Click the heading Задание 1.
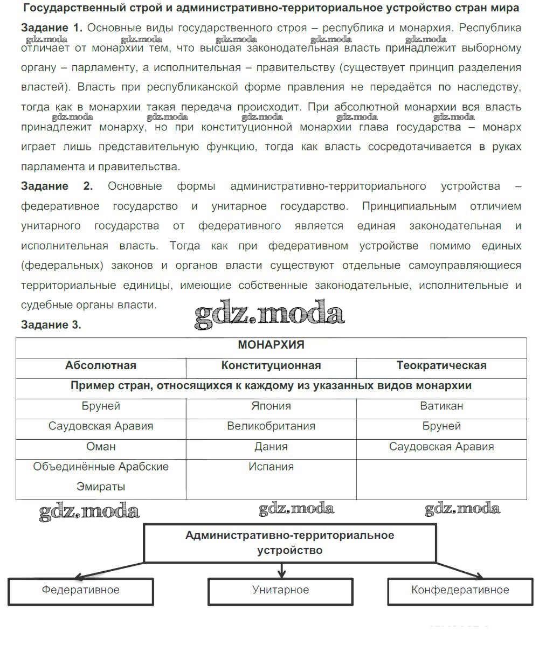click(x=52, y=28)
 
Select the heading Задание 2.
click(x=57, y=186)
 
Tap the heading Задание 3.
click(x=51, y=325)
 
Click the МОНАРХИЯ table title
click(x=271, y=345)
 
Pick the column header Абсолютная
click(x=101, y=366)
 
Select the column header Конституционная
click(x=271, y=366)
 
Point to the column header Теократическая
click(x=441, y=366)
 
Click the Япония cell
click(x=271, y=406)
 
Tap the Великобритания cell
click(x=271, y=426)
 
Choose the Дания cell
click(x=271, y=447)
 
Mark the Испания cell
click(x=271, y=467)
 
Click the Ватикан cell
click(x=441, y=406)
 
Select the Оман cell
click(x=101, y=447)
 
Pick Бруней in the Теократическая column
click(x=441, y=426)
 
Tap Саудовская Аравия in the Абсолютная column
click(x=101, y=426)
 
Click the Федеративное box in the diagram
click(x=81, y=591)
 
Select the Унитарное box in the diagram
click(x=280, y=591)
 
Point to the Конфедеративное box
click(x=460, y=591)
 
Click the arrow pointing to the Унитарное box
click(x=281, y=571)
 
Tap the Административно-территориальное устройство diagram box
click(x=289, y=543)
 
